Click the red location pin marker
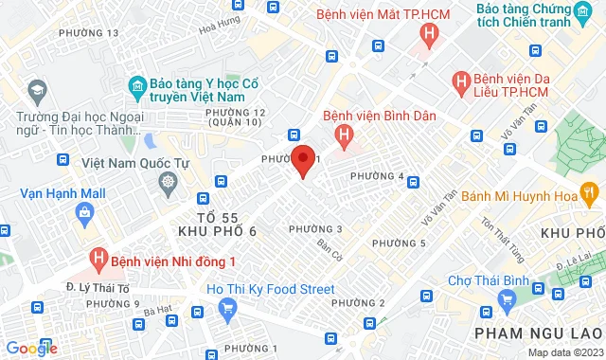(x=302, y=159)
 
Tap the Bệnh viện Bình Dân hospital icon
(x=345, y=135)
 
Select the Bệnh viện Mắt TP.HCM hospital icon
(x=430, y=37)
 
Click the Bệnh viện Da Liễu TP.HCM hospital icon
(x=463, y=82)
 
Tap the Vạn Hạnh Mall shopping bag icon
(x=85, y=212)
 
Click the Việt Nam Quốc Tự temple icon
(x=168, y=181)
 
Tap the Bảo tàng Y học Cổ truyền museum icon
(x=136, y=87)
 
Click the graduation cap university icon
(x=37, y=90)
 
